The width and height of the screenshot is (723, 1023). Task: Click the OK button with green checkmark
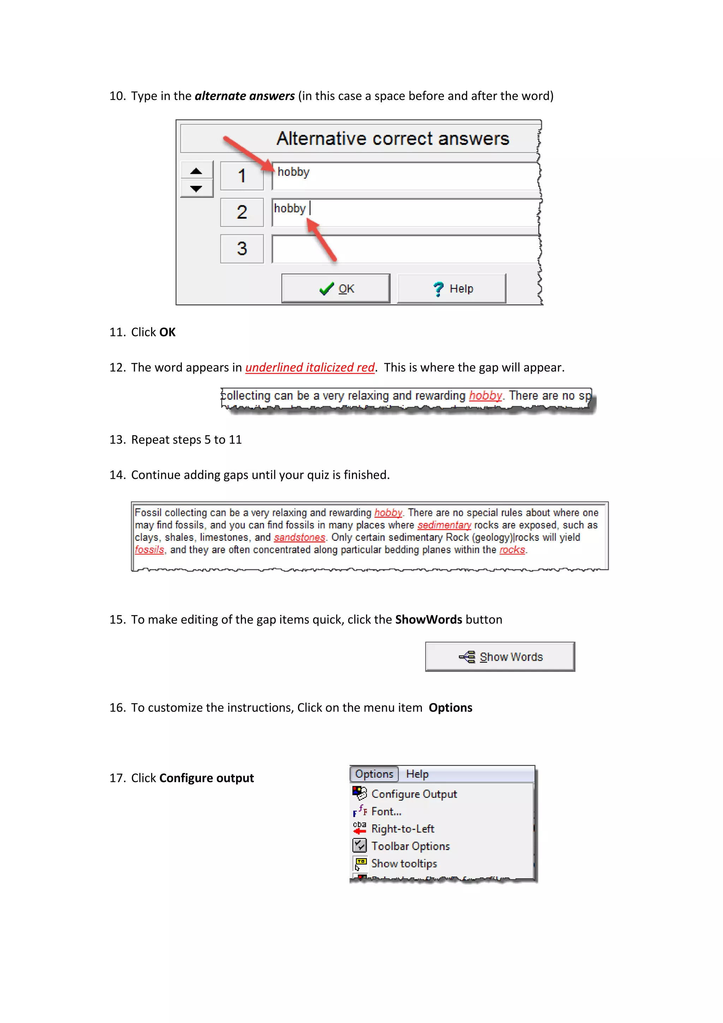click(336, 289)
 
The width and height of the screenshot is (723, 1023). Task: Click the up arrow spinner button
click(196, 171)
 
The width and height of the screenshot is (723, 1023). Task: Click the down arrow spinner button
click(196, 189)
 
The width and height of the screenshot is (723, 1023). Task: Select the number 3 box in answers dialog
click(242, 249)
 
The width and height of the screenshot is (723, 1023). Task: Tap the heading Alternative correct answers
click(392, 138)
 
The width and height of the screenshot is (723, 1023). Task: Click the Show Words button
click(500, 657)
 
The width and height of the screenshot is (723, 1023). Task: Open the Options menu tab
click(374, 774)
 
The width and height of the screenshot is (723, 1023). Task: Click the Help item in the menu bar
click(417, 774)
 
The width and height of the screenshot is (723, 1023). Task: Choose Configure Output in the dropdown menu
click(414, 794)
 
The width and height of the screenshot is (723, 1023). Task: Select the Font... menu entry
click(386, 811)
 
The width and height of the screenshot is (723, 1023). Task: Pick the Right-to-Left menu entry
click(402, 829)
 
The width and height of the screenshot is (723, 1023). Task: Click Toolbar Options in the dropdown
click(410, 846)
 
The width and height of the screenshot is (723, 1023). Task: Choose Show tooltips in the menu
click(404, 863)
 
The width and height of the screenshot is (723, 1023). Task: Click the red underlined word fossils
click(150, 550)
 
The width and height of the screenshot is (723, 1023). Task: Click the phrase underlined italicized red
click(310, 368)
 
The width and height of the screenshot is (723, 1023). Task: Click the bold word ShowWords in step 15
click(428, 620)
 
